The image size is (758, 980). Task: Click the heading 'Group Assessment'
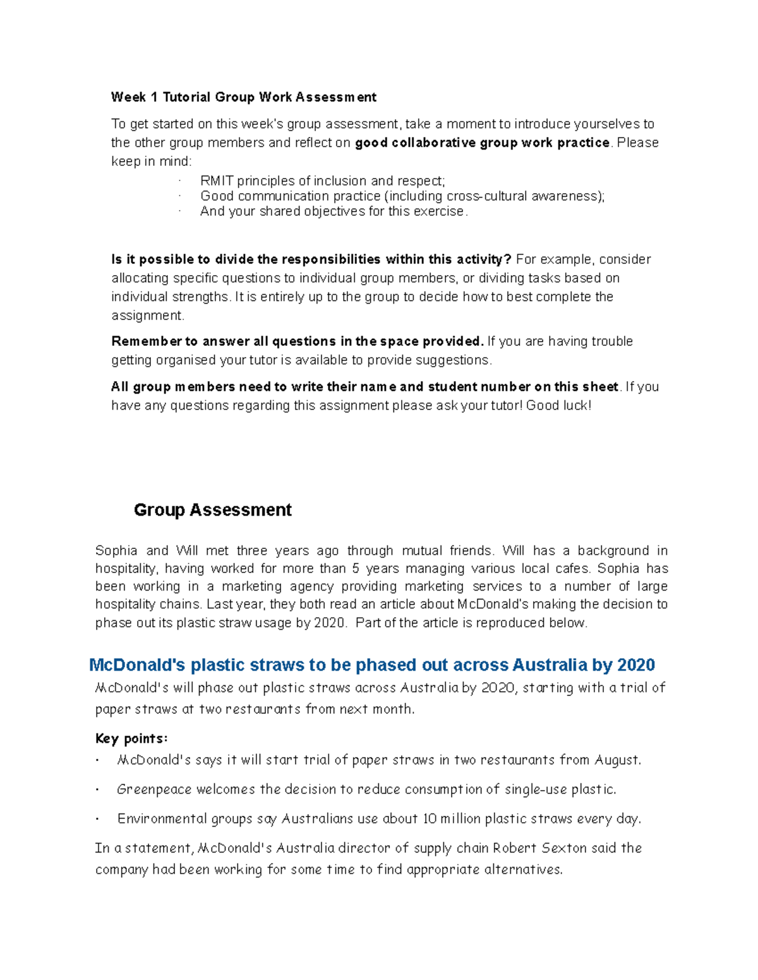(212, 510)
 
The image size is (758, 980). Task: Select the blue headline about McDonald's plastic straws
(371, 665)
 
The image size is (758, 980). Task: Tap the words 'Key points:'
(131, 738)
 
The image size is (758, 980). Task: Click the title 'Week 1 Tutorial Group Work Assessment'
(243, 97)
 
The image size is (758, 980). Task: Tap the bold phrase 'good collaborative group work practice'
(482, 143)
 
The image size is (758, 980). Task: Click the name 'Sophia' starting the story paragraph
(116, 551)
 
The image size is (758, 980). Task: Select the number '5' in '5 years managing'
(356, 569)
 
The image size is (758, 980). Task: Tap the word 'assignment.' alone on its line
(148, 316)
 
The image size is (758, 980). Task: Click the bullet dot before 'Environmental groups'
(98, 820)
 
